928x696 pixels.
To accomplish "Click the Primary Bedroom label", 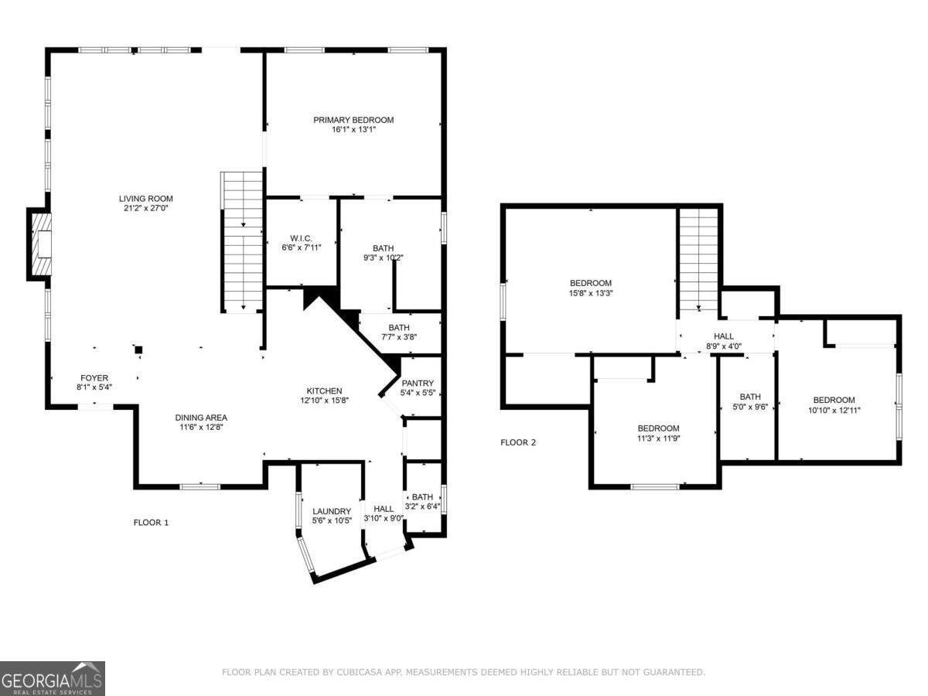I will pos(353,120).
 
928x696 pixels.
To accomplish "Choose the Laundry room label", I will pos(332,511).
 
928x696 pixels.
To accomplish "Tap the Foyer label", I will pos(94,378).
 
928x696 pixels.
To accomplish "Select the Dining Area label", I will pos(200,418).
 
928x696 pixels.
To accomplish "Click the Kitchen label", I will pos(323,391).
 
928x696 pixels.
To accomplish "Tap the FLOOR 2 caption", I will pos(518,442).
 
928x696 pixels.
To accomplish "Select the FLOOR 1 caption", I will pos(151,523).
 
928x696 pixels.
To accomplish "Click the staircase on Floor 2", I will pos(699,259).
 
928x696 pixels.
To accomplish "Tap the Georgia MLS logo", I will pos(53,678).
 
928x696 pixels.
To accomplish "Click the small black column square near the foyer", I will pos(138,350).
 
